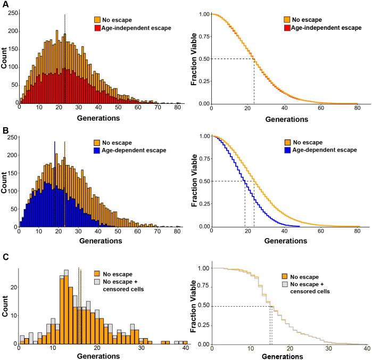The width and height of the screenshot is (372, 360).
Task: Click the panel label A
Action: [x=4, y=5]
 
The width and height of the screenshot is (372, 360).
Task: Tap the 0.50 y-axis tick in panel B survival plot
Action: [x=203, y=181]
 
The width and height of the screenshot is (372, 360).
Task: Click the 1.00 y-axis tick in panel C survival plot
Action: [x=203, y=268]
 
